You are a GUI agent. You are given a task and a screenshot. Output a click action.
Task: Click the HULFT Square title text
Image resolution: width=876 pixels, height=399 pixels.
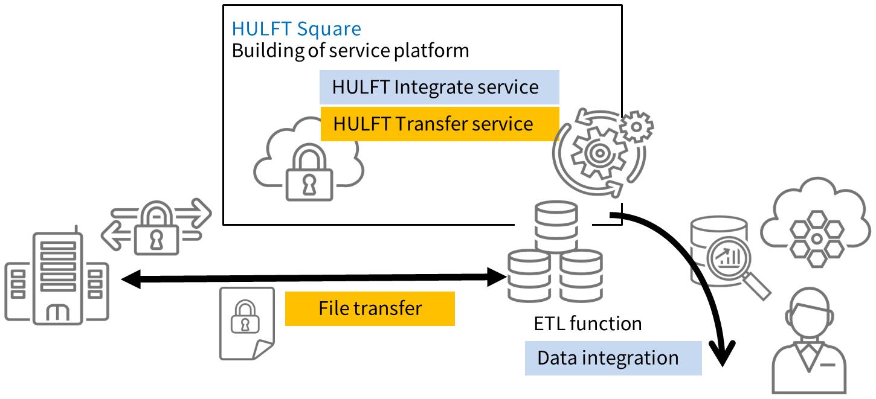pyautogui.click(x=296, y=28)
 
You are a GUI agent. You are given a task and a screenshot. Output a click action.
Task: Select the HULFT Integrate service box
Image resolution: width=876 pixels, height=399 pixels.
pyautogui.click(x=439, y=87)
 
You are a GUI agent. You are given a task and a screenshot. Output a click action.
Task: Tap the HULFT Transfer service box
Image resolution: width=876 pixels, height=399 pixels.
pyautogui.click(x=439, y=124)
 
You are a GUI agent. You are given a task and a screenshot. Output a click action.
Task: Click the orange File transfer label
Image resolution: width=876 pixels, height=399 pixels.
pyautogui.click(x=369, y=308)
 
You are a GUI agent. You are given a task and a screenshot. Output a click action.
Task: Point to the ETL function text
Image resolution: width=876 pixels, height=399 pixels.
pyautogui.click(x=587, y=324)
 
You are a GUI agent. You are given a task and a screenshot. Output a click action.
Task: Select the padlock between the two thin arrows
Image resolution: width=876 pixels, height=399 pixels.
pyautogui.click(x=156, y=228)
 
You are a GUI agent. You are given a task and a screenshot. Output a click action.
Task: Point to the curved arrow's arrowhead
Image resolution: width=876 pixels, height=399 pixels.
pyautogui.click(x=721, y=356)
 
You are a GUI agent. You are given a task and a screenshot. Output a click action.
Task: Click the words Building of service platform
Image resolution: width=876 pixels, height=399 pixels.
pyautogui.click(x=350, y=50)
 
